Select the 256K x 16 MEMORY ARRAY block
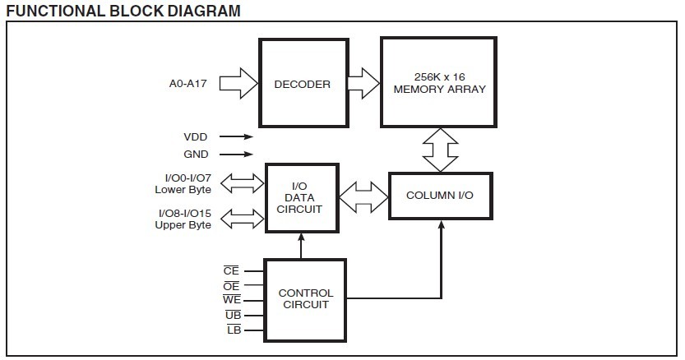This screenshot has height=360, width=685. click(x=439, y=82)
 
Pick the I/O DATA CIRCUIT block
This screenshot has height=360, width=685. click(x=300, y=198)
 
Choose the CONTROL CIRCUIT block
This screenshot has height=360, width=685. click(x=306, y=299)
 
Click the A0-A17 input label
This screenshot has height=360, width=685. click(x=187, y=83)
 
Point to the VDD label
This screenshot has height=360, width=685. click(x=197, y=137)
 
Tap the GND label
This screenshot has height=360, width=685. click(x=197, y=154)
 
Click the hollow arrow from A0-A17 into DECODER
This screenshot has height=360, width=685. click(x=239, y=83)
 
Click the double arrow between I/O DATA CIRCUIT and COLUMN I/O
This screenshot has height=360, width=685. click(x=363, y=197)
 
